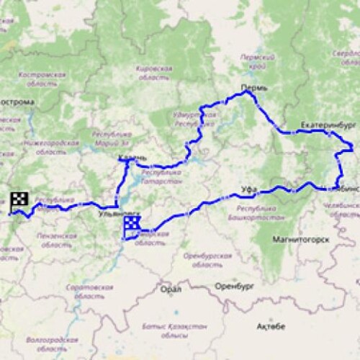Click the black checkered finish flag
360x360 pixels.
19,199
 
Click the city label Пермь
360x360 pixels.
254,87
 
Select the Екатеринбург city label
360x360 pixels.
328,124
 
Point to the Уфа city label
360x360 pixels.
249,189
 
